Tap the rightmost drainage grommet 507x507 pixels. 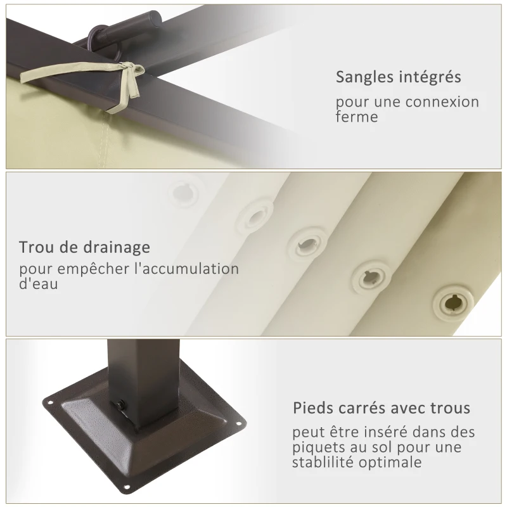[452, 302]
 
